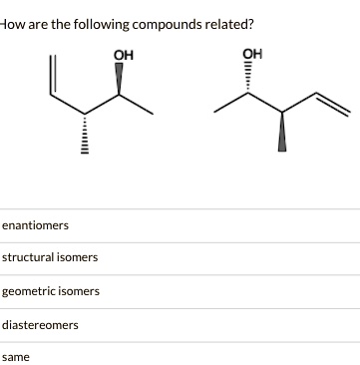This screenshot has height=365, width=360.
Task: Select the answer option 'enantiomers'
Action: (x=35, y=225)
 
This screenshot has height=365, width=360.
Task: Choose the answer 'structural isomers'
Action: (x=50, y=257)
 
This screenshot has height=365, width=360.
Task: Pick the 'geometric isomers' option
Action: (x=51, y=291)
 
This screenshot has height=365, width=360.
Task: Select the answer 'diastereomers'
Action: (x=41, y=324)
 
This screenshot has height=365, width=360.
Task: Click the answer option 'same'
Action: (x=16, y=356)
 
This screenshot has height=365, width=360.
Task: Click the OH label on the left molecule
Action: (x=124, y=54)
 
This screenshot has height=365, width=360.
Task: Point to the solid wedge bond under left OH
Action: (x=122, y=80)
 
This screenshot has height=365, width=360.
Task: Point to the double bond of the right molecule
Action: (x=330, y=103)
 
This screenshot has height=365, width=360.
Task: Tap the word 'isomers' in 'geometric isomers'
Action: (x=80, y=291)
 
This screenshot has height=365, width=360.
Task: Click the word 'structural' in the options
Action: (x=30, y=257)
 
